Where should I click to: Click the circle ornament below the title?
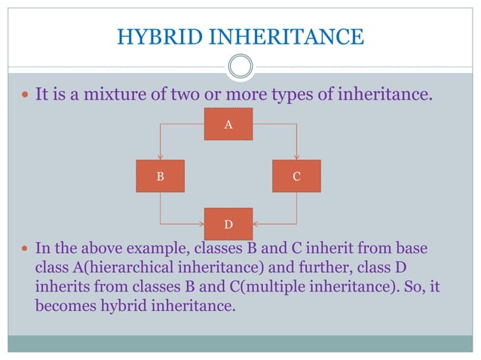coord(240,66)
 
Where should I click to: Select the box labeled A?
coord(228,124)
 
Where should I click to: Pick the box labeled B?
coord(160,176)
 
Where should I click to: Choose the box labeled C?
coord(296,176)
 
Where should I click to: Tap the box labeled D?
coord(228,224)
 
